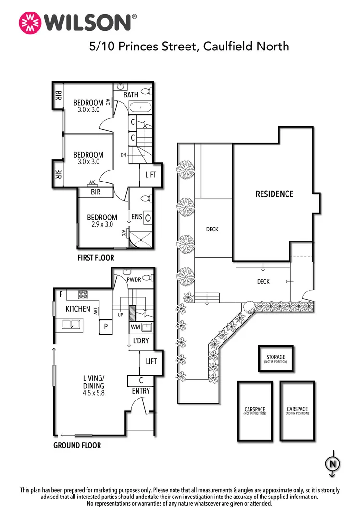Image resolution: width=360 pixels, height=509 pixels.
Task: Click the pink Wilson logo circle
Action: click(29, 22)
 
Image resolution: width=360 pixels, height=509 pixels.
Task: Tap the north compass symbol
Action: click(332, 464)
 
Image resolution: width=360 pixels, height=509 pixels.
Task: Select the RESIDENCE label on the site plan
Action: click(274, 194)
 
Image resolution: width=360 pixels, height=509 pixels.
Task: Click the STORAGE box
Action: click(276, 359)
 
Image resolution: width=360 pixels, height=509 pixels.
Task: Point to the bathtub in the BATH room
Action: click(140, 108)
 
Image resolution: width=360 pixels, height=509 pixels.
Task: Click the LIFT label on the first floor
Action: click(151, 175)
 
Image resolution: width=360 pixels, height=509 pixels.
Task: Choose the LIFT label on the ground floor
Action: click(151, 361)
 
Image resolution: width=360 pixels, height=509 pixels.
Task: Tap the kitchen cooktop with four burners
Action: click(83, 294)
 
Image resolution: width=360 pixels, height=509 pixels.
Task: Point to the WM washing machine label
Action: click(136, 327)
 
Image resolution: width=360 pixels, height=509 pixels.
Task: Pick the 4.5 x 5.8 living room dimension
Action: click(93, 392)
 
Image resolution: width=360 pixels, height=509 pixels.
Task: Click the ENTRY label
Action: click(141, 391)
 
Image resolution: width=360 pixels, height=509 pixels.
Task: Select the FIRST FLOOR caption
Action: click(96, 258)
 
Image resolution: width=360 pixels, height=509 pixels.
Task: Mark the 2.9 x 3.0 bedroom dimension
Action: click(102, 224)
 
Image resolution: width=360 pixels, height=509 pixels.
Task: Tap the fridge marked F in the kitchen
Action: click(61, 293)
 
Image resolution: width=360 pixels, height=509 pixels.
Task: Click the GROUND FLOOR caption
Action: click(77, 445)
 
